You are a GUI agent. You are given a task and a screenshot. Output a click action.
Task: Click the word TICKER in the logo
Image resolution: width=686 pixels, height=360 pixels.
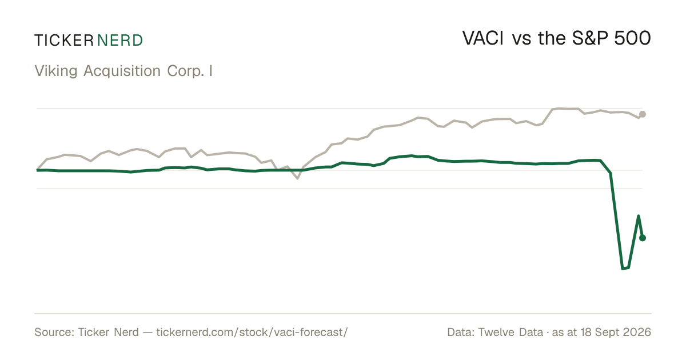pyautogui.click(x=63, y=41)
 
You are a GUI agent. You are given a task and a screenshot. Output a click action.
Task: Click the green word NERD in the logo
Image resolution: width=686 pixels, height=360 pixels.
pyautogui.click(x=119, y=41)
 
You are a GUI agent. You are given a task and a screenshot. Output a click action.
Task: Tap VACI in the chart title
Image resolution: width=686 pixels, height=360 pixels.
pyautogui.click(x=482, y=38)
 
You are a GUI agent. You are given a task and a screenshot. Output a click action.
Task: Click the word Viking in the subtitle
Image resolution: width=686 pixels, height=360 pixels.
pyautogui.click(x=56, y=71)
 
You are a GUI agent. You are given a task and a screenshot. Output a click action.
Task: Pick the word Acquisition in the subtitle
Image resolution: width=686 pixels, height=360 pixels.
pyautogui.click(x=122, y=71)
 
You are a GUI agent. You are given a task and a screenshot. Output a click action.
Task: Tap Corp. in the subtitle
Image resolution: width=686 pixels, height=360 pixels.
pyautogui.click(x=186, y=71)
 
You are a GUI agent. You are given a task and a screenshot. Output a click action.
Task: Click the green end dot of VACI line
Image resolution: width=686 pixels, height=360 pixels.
pyautogui.click(x=643, y=238)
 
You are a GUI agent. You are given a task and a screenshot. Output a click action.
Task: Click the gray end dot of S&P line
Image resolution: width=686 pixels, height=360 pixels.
pyautogui.click(x=643, y=114)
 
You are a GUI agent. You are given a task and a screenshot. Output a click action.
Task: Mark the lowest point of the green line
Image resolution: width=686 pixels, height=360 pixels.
pyautogui.click(x=623, y=269)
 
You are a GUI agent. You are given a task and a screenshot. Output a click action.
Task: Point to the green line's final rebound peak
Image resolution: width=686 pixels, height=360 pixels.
pyautogui.click(x=638, y=216)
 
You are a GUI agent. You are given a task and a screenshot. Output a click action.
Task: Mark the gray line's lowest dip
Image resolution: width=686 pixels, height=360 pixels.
pyautogui.click(x=297, y=178)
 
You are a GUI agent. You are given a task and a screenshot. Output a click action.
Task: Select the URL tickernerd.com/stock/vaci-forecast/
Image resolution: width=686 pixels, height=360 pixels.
pyautogui.click(x=252, y=333)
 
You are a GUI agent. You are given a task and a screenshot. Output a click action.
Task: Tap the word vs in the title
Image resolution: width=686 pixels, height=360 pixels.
pyautogui.click(x=521, y=40)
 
